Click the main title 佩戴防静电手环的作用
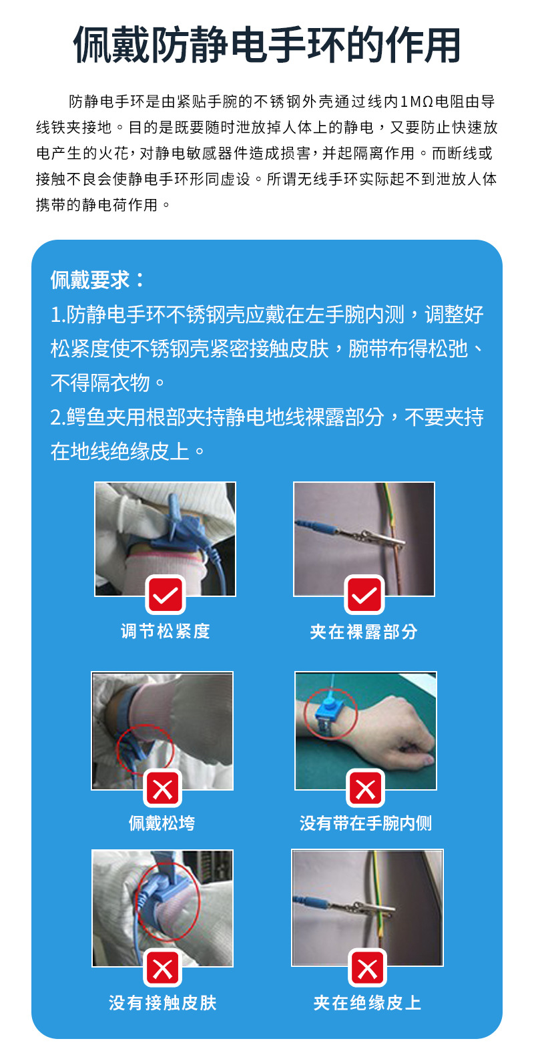pos(267,45)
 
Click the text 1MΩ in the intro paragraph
pos(417,102)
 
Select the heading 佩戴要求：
pos(97,280)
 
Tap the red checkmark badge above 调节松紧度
pos(165,595)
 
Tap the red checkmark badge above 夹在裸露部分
pos(364,595)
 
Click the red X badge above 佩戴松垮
pos(163,789)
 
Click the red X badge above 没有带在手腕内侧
pos(366,789)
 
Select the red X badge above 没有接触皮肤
pos(163,968)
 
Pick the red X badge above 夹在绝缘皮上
pos(367,968)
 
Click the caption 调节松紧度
pos(165,632)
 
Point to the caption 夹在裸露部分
pos(364,632)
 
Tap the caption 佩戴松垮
pos(162,823)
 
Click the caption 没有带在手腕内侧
pos(366,823)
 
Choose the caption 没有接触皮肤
pos(163,1003)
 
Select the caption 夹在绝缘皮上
pos(367,1003)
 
